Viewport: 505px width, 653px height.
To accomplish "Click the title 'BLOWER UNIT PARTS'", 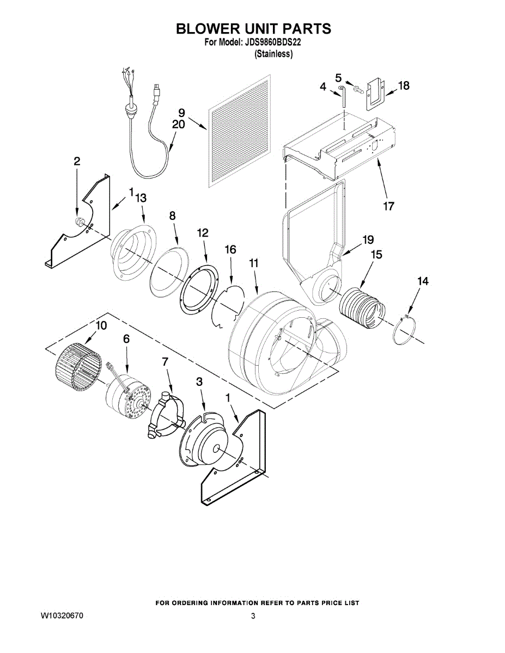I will pos(253,28).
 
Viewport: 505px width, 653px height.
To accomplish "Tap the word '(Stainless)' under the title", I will pos(274,54).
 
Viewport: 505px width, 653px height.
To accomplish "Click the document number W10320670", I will pos(62,616).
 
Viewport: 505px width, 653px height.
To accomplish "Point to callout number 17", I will pos(388,206).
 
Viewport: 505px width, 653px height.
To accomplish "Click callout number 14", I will pos(423,281).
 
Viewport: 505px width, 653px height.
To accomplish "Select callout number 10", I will pos(101,325).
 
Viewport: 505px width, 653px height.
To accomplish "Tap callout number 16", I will pos(230,250).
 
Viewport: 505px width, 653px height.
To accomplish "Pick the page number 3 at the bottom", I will pos(253,616).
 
